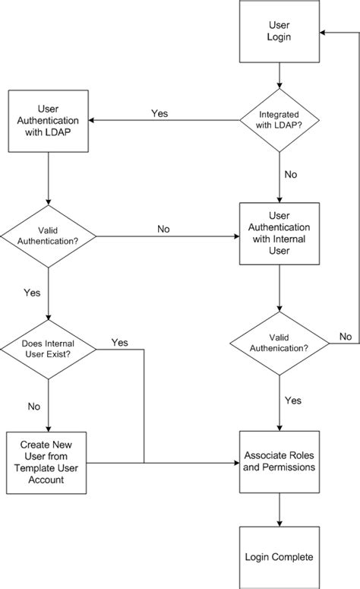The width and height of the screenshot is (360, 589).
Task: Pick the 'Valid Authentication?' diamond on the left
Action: (x=48, y=236)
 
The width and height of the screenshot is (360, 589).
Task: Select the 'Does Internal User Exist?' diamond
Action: (x=48, y=350)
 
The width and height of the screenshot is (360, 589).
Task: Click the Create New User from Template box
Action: (x=48, y=462)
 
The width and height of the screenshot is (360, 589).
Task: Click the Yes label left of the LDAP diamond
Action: (x=159, y=113)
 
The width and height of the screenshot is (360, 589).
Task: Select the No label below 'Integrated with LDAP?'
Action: (x=289, y=173)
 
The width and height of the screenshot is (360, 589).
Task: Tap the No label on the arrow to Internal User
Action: (x=163, y=229)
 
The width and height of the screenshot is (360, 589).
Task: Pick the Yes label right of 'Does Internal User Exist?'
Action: (x=119, y=343)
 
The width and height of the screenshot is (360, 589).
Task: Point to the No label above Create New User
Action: (x=33, y=407)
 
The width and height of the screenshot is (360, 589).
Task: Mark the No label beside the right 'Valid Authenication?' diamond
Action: (x=345, y=336)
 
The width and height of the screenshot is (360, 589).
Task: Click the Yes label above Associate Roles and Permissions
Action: (x=292, y=400)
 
